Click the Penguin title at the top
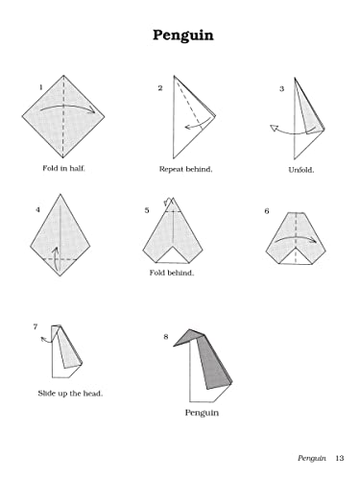pos(182,36)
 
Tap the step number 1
pos(40,87)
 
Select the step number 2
pos(160,87)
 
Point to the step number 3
pos(281,89)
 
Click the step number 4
pos(37,208)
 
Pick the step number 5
pos(147,209)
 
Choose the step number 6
pos(267,210)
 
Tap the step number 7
pos(36,327)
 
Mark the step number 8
pos(166,336)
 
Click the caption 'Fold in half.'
pos(63,169)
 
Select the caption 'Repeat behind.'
pos(185,169)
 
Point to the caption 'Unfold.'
pos(301,170)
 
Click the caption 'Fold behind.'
pos(172,273)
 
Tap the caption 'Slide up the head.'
pos(70,394)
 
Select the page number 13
pos(340,456)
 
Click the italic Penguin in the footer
pos(312,456)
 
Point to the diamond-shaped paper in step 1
pos(63,115)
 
